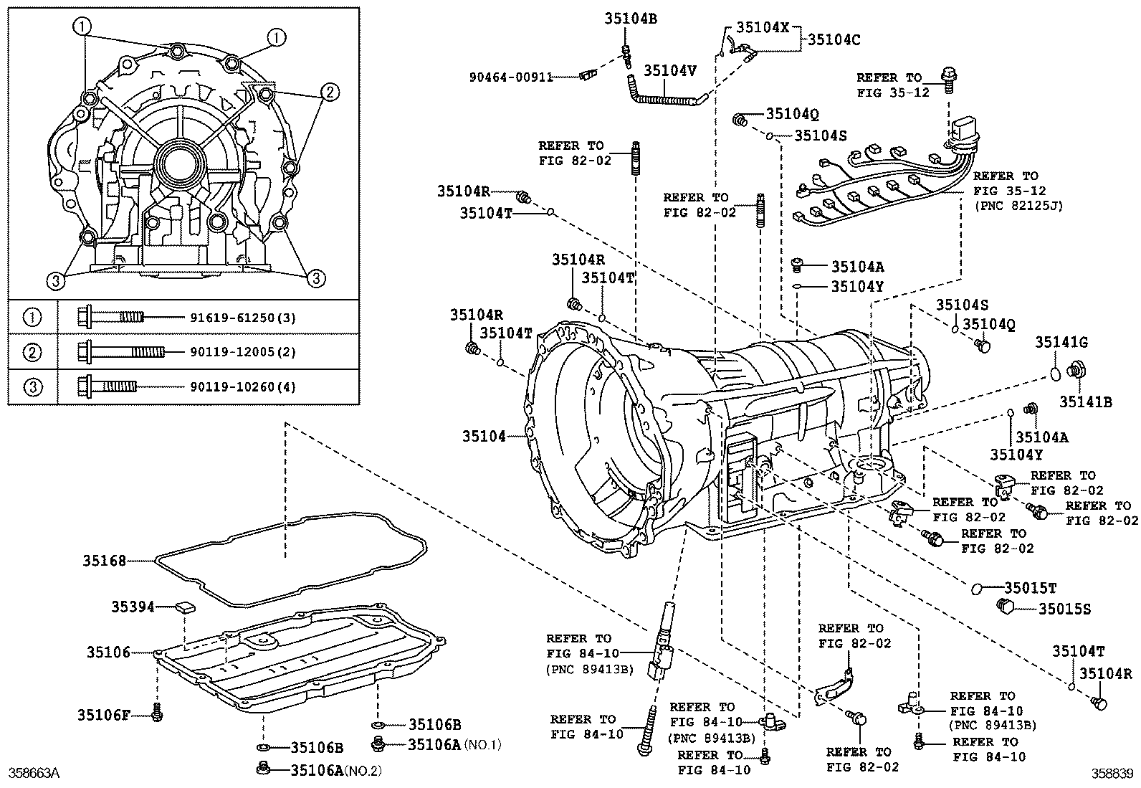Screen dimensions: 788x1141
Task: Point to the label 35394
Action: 133,607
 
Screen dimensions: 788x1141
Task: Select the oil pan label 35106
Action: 109,652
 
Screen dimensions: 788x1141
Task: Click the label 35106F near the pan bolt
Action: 103,714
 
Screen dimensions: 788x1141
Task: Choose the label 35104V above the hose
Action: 670,70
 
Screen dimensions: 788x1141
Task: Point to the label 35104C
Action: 834,39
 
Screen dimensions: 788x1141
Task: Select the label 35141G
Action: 1061,343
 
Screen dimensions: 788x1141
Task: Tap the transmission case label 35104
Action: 484,435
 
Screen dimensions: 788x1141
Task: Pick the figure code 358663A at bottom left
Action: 33,773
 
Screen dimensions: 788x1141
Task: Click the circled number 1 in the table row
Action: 33,317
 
